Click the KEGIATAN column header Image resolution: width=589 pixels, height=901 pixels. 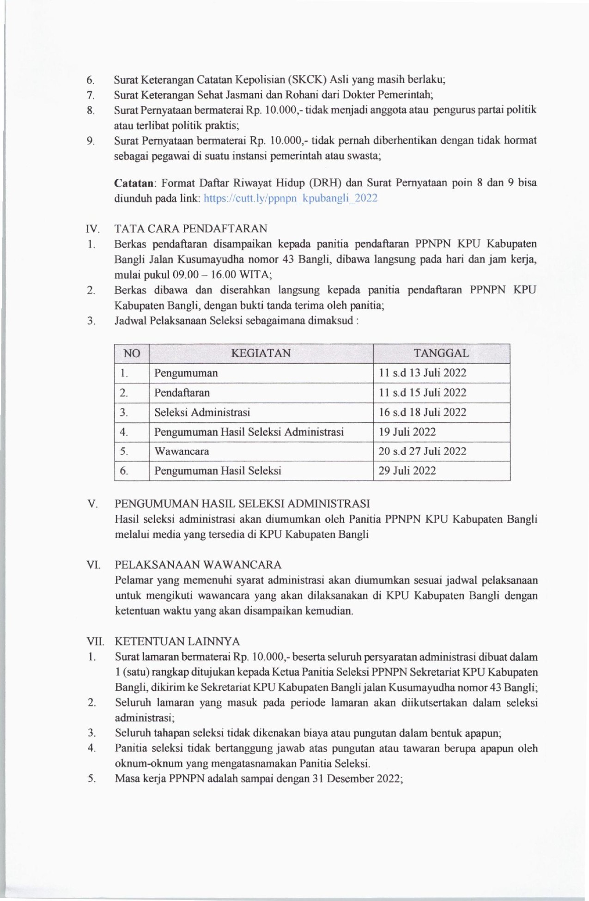tap(261, 353)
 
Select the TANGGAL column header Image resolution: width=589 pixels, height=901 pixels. tap(441, 353)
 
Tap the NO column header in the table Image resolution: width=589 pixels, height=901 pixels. tap(132, 353)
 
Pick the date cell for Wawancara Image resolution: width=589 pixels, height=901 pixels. tap(422, 451)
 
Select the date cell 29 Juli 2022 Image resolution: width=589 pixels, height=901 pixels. tap(407, 471)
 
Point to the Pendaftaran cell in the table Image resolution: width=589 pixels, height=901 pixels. tap(182, 393)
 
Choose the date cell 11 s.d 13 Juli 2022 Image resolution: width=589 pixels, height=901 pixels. tap(422, 373)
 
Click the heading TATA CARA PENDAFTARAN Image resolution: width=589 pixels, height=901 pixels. tap(191, 229)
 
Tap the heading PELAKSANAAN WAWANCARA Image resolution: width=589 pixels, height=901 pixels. tap(198, 565)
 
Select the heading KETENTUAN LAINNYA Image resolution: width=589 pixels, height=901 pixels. tap(177, 641)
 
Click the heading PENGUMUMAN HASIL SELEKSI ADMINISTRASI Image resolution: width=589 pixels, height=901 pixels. tap(242, 504)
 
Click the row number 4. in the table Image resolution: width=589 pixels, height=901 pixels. tap(124, 432)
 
